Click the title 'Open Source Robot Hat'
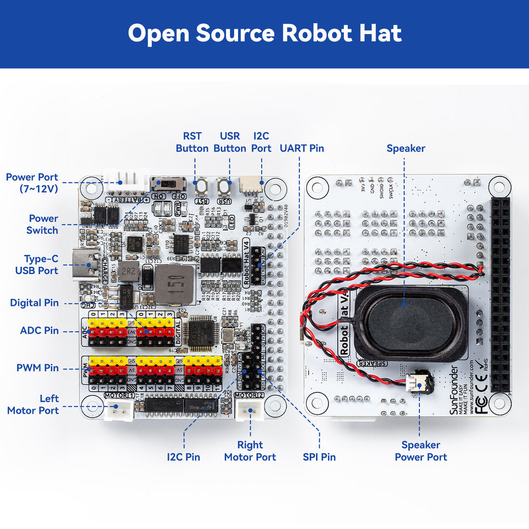click(x=264, y=34)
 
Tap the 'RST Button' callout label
click(x=192, y=142)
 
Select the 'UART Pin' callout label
click(x=302, y=148)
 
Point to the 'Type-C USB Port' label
click(x=37, y=265)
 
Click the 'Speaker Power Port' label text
click(x=421, y=451)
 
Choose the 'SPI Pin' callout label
click(x=319, y=457)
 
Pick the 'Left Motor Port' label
click(x=33, y=404)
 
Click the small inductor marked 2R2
click(x=129, y=272)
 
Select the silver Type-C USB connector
click(x=86, y=264)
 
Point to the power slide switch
click(x=168, y=184)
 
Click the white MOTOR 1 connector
click(x=118, y=410)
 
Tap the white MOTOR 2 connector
click(x=250, y=410)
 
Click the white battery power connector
click(x=126, y=179)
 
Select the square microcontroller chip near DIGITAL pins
click(x=201, y=333)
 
